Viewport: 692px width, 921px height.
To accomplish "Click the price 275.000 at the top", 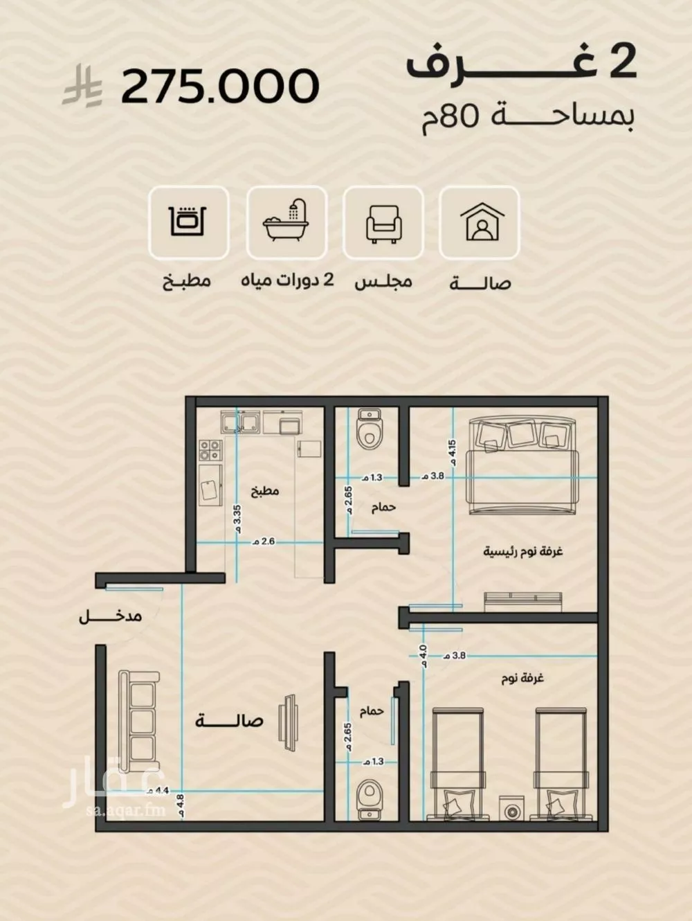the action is (220, 86).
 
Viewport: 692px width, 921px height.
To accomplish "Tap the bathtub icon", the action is (286, 220).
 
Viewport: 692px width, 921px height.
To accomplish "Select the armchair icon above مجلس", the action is (383, 224).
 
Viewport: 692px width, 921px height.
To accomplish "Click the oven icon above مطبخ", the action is (188, 221).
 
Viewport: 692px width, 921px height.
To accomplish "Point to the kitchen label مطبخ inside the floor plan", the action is (265, 492).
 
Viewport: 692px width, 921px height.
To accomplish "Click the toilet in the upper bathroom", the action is (369, 429).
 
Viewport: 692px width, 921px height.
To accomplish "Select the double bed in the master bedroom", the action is (522, 466).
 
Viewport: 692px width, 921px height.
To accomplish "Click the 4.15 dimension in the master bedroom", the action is (453, 452).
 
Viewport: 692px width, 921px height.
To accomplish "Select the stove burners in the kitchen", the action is (210, 450).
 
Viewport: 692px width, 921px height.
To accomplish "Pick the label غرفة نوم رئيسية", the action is (523, 551).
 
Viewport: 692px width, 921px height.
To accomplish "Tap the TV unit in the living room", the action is (289, 723).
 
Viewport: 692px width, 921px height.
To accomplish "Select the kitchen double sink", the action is (241, 422).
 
